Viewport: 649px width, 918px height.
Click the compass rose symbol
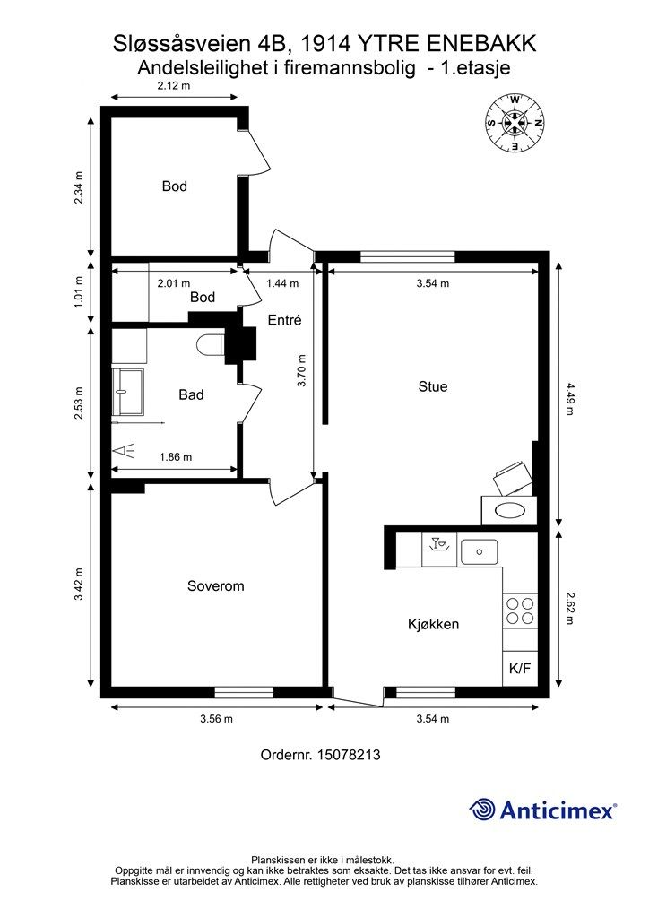[x=515, y=123]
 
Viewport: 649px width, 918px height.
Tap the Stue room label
[x=433, y=386]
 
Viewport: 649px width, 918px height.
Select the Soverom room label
[x=215, y=586]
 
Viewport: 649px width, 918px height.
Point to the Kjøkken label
[x=433, y=624]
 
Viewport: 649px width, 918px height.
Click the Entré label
[x=284, y=320]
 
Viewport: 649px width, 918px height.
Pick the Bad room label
[x=191, y=395]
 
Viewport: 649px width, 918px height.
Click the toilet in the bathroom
[x=210, y=344]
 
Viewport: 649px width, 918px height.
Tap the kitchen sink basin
[x=479, y=551]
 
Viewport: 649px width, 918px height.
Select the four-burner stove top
[x=520, y=611]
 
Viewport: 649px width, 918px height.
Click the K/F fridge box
[x=520, y=668]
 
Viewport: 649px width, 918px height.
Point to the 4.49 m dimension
[x=569, y=397]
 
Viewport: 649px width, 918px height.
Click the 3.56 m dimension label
[x=217, y=719]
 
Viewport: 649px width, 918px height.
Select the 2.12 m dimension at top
[x=174, y=85]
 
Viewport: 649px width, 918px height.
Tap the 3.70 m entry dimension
[x=301, y=371]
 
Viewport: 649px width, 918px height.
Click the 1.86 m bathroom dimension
[x=176, y=456]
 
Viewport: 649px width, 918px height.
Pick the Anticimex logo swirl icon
[x=482, y=810]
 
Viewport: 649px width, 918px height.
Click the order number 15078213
[x=348, y=755]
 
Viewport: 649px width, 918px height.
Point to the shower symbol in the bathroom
[x=125, y=451]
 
